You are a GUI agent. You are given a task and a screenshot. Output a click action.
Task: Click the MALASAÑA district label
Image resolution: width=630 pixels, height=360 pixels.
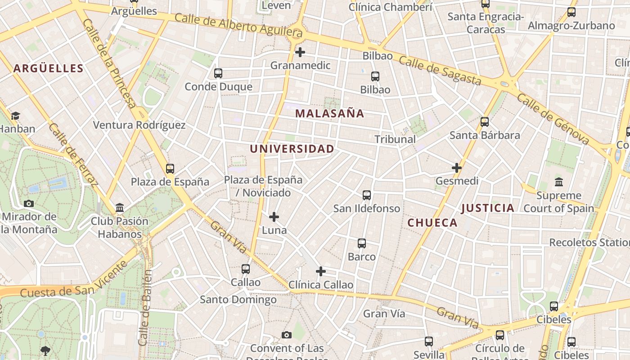(x=329, y=113)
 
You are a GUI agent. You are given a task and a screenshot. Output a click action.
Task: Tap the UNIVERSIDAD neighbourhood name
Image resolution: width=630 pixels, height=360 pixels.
(x=292, y=149)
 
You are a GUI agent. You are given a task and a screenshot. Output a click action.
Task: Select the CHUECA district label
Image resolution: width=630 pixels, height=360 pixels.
(x=432, y=223)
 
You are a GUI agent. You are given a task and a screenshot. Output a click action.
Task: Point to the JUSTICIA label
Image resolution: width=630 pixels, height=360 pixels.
(x=487, y=208)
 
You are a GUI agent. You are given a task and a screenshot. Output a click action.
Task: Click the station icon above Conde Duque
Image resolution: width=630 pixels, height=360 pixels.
(x=218, y=73)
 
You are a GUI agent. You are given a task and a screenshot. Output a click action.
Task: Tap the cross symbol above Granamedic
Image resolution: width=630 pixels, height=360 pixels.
(x=300, y=52)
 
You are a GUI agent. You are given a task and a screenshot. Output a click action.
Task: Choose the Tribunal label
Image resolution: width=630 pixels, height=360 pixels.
(x=395, y=139)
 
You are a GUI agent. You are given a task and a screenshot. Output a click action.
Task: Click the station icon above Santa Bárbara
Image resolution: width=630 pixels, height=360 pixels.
(x=485, y=122)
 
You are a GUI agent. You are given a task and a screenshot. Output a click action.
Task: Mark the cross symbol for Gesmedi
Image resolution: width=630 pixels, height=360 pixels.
(x=457, y=168)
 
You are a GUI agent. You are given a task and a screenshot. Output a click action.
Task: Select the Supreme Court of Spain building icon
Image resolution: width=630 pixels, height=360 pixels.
(x=559, y=182)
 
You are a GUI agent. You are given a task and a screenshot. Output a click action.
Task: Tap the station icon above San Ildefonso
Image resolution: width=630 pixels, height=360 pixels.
(x=367, y=195)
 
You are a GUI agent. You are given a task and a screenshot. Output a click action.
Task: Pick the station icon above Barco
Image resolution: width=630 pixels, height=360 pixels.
(x=362, y=243)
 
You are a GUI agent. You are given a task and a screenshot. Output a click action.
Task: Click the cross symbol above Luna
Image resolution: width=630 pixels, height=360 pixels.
(x=274, y=217)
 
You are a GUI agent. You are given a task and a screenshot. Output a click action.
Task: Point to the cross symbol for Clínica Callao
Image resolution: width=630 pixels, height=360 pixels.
(x=321, y=271)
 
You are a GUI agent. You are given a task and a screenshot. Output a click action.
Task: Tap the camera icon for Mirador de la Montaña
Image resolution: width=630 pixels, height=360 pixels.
(x=29, y=203)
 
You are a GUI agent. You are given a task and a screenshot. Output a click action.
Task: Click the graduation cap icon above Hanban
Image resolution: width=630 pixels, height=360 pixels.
(x=16, y=116)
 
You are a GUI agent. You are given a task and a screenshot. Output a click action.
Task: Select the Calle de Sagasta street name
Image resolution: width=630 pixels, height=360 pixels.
(x=440, y=71)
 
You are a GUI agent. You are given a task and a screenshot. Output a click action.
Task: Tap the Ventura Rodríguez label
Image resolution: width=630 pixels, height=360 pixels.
(x=139, y=125)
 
